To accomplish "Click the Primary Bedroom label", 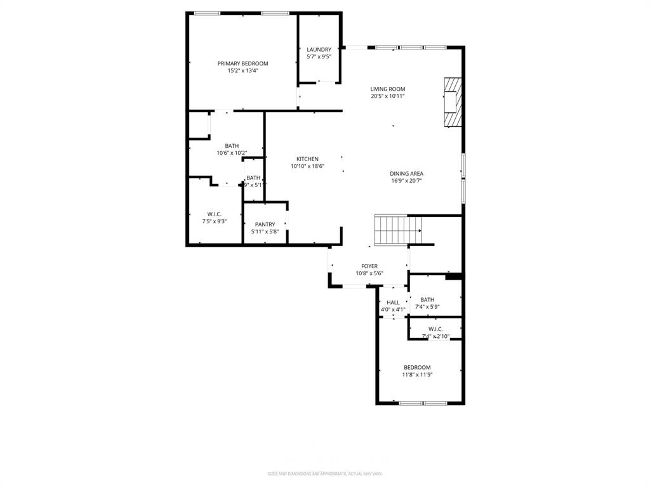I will [242, 63].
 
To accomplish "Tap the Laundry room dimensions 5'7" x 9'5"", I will [319, 56].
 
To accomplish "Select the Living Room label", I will [388, 89].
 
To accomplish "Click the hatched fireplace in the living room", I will [453, 103].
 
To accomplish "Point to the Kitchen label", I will [307, 159].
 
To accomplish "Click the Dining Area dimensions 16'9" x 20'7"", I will [406, 181].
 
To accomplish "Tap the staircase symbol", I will [398, 229].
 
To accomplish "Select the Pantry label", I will [265, 224].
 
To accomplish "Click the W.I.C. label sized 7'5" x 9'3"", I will [213, 214].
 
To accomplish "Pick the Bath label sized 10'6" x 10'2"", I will [232, 146].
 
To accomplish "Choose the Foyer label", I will [369, 266].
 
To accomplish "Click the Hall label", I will [393, 302].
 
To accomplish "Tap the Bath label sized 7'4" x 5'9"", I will [427, 300].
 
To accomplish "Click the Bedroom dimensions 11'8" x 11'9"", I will [417, 375].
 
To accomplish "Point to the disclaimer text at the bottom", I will [324, 473].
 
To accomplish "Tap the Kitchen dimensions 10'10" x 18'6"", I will [307, 166].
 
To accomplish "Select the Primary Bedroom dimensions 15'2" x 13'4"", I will [242, 71].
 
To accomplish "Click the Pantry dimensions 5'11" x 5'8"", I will [265, 231].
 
